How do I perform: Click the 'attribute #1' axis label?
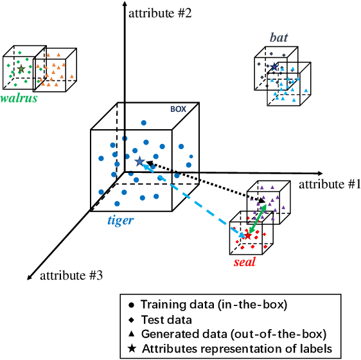[x=322, y=184]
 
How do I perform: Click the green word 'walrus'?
[x=19, y=98]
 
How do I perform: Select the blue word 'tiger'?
[x=120, y=220]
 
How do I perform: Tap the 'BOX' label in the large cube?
[x=178, y=109]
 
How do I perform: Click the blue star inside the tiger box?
[x=139, y=161]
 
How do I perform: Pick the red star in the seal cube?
[x=248, y=236]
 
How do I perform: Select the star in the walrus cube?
[x=21, y=68]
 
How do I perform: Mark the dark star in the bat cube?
[x=274, y=67]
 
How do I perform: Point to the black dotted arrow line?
[x=206, y=183]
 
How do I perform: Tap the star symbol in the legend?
[x=132, y=348]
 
